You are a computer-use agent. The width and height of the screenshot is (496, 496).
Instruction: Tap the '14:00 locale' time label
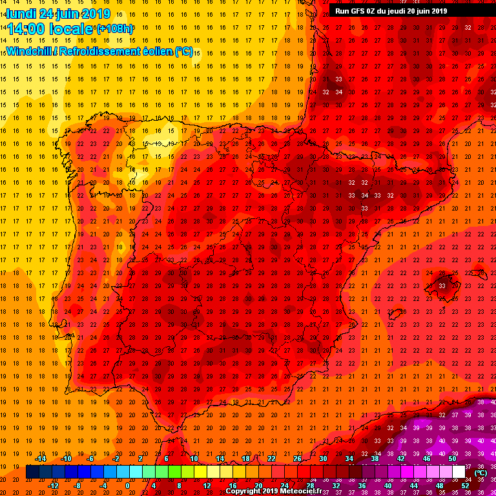[x=49, y=29]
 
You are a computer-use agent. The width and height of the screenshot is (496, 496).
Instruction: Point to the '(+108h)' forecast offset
[x=114, y=29]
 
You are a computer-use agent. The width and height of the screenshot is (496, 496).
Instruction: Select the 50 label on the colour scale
[x=452, y=459]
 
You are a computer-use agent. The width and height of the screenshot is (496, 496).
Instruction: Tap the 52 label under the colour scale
[x=465, y=485]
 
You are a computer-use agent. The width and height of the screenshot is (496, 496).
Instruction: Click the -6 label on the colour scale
[x=90, y=459]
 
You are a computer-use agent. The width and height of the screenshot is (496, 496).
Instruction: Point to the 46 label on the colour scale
[x=426, y=459]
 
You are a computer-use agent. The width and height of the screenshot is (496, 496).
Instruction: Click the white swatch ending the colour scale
[x=459, y=472]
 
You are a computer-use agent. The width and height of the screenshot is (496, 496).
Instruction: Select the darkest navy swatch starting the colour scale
[x=32, y=472]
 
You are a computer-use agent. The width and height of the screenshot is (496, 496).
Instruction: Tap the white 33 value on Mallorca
[x=442, y=285]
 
